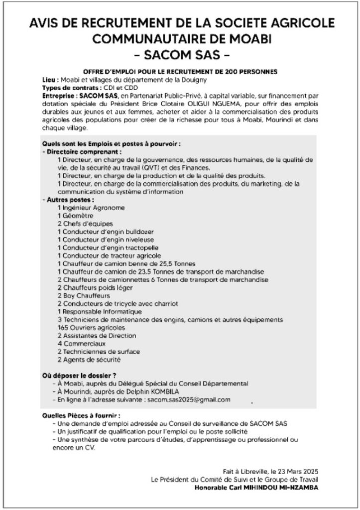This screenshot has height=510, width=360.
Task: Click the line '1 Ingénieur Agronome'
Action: (x=91, y=207)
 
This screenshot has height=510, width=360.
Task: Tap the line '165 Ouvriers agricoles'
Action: (x=91, y=327)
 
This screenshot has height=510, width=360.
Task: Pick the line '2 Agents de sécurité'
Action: (x=89, y=359)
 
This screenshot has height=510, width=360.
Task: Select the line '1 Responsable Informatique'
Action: (x=98, y=311)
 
